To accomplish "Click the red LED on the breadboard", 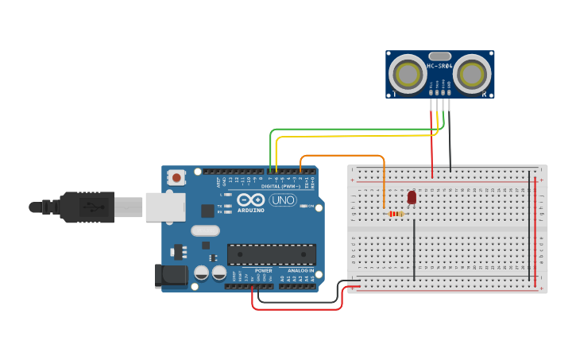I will pyautogui.click(x=412, y=197).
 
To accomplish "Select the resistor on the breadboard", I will pyautogui.click(x=394, y=213).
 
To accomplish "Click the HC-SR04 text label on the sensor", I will pyautogui.click(x=440, y=66).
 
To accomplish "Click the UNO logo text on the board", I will pyautogui.click(x=283, y=199).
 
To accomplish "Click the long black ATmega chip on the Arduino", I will pyautogui.click(x=271, y=254).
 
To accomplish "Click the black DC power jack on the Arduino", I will pyautogui.click(x=170, y=275).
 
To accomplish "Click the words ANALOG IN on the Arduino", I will pyautogui.click(x=300, y=270).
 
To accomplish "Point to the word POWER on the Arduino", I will pyautogui.click(x=263, y=270).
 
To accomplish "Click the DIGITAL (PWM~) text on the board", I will pyautogui.click(x=276, y=186).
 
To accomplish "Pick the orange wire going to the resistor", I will pyautogui.click(x=342, y=156).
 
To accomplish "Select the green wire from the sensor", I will pyautogui.click(x=350, y=129).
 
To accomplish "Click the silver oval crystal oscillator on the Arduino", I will pyautogui.click(x=204, y=231).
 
